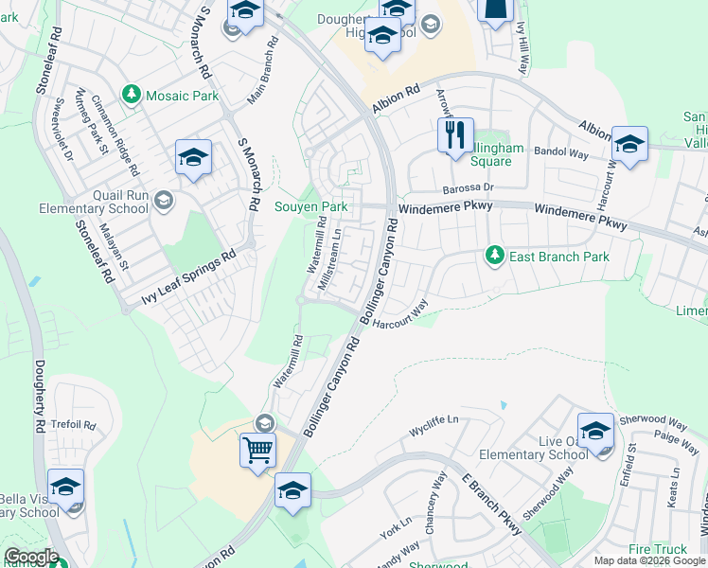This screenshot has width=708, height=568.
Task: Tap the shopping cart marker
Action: tap(257, 449)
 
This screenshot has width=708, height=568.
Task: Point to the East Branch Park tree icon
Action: tap(493, 256)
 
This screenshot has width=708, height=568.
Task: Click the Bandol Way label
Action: tap(561, 151)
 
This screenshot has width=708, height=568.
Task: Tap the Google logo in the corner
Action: tap(30, 557)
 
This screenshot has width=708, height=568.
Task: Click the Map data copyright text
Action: tap(649, 560)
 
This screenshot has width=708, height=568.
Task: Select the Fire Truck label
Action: tap(657, 549)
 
